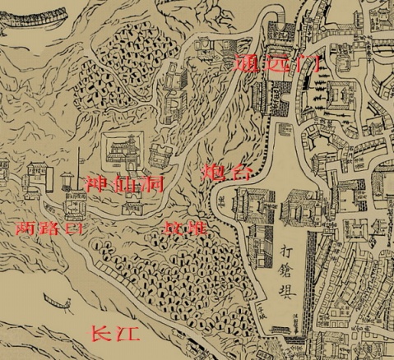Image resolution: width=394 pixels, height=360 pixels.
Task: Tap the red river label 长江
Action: click(x=114, y=334)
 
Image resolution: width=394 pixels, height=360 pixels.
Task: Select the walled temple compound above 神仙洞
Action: click(x=121, y=151)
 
